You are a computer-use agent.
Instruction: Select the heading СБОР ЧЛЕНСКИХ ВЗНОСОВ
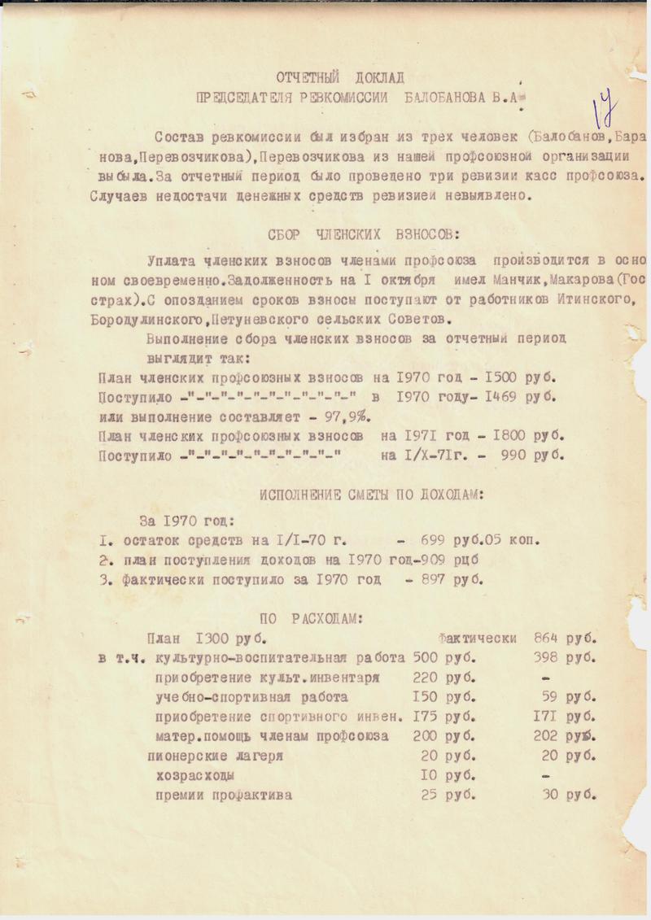coord(363,235)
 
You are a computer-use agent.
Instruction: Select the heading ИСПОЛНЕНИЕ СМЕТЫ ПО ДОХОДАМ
coord(362,494)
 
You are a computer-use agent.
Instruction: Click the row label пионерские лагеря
coord(215,756)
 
